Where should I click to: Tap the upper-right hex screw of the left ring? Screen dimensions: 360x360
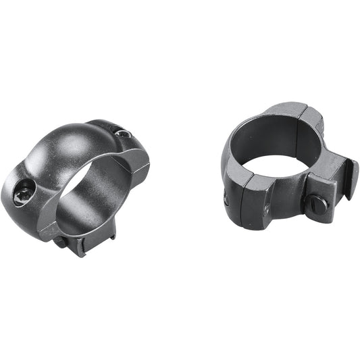(123, 134)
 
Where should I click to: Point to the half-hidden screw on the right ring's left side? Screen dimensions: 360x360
(225, 198)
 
